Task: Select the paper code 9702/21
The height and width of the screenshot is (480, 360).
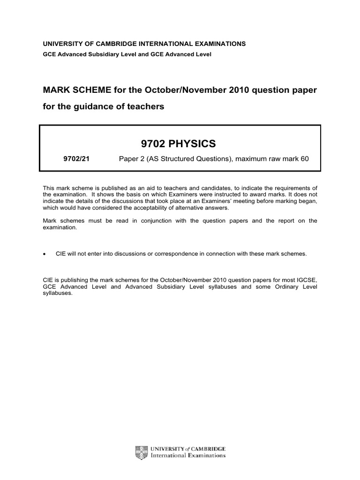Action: pos(76,159)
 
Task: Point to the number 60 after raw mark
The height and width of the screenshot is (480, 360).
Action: pos(305,159)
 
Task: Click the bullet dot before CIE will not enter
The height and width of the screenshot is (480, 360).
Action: pos(45,254)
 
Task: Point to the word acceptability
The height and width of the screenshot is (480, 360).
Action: pos(171,208)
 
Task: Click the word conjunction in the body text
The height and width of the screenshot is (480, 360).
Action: pos(146,220)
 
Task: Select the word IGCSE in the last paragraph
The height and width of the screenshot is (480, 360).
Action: pos(307,280)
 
